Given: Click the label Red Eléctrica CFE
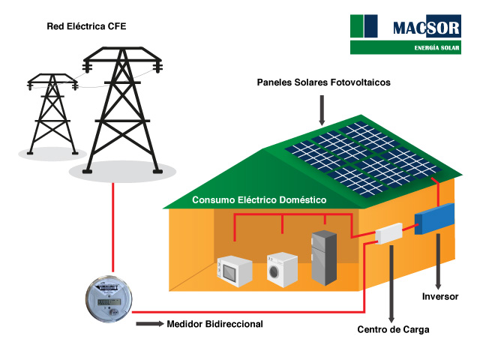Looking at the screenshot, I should [86, 27].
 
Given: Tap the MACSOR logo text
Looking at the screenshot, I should [425, 28].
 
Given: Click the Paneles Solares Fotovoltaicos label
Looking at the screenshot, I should [324, 82].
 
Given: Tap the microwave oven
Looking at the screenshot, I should [234, 270].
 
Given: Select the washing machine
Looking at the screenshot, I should [283, 267].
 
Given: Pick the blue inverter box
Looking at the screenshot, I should [434, 217].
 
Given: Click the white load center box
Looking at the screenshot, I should [388, 233].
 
